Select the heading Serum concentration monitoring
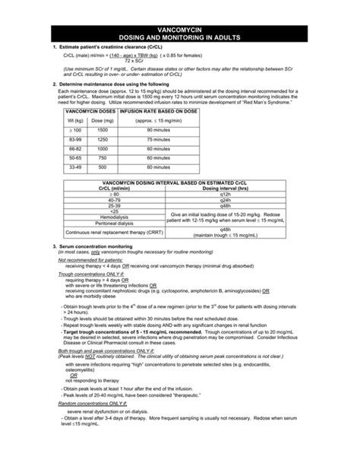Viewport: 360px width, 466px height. [99, 247]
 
